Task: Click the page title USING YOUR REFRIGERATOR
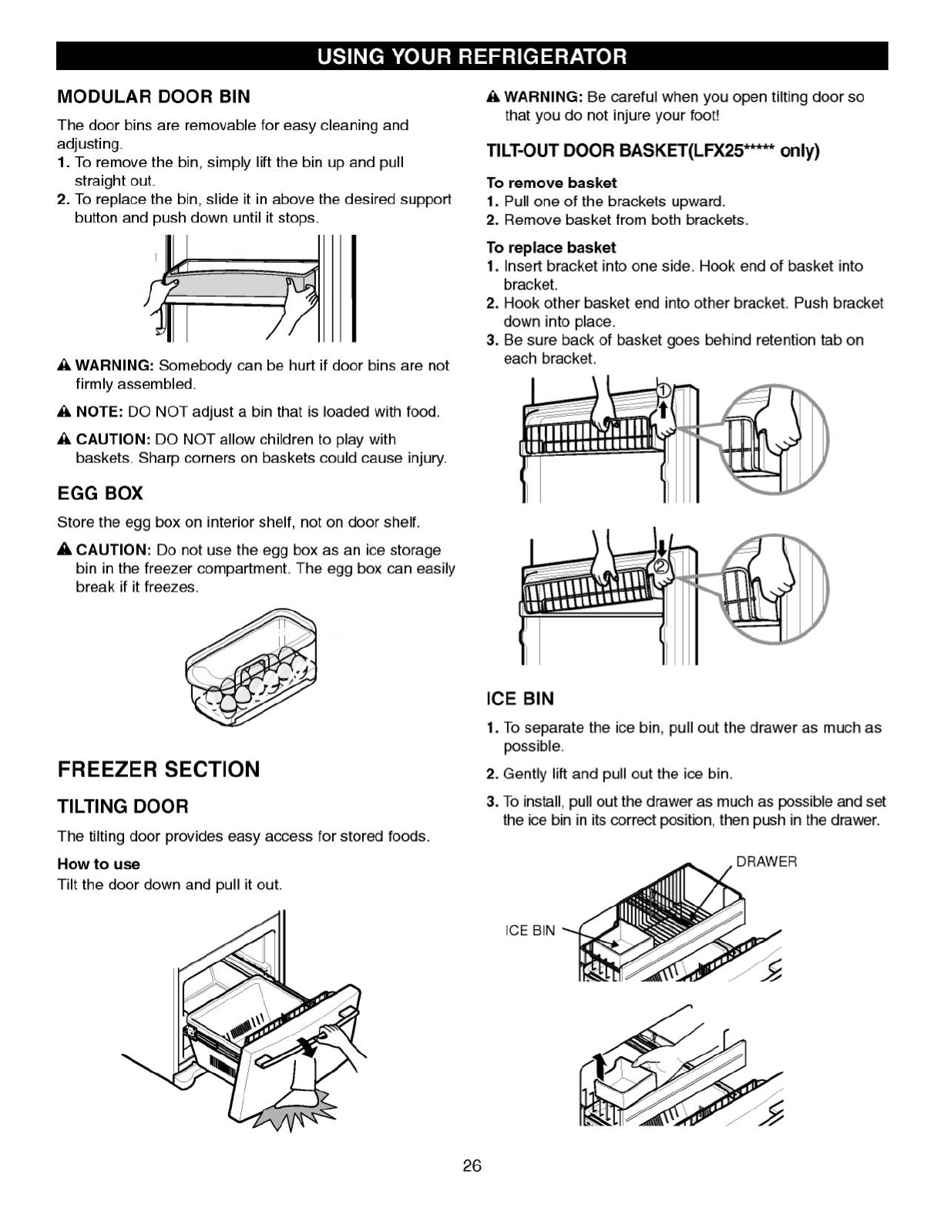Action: tap(472, 56)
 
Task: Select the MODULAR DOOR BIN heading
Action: tap(153, 96)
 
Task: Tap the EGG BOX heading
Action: tap(100, 493)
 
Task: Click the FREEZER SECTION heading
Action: tap(159, 770)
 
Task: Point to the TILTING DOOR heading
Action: tap(123, 807)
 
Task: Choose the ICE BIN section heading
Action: tap(519, 699)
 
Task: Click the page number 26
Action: tap(472, 1166)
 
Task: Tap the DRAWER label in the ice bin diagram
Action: tap(766, 861)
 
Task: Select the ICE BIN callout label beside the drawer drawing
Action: tap(530, 931)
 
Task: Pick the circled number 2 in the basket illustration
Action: tap(661, 567)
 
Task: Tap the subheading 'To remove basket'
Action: tap(551, 183)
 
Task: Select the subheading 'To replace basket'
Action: tap(551, 247)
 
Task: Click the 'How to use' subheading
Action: tap(99, 864)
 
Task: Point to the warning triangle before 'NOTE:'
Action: tap(64, 412)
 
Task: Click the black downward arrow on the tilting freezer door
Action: tap(308, 1047)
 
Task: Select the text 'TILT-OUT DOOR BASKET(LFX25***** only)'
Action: tap(653, 150)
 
